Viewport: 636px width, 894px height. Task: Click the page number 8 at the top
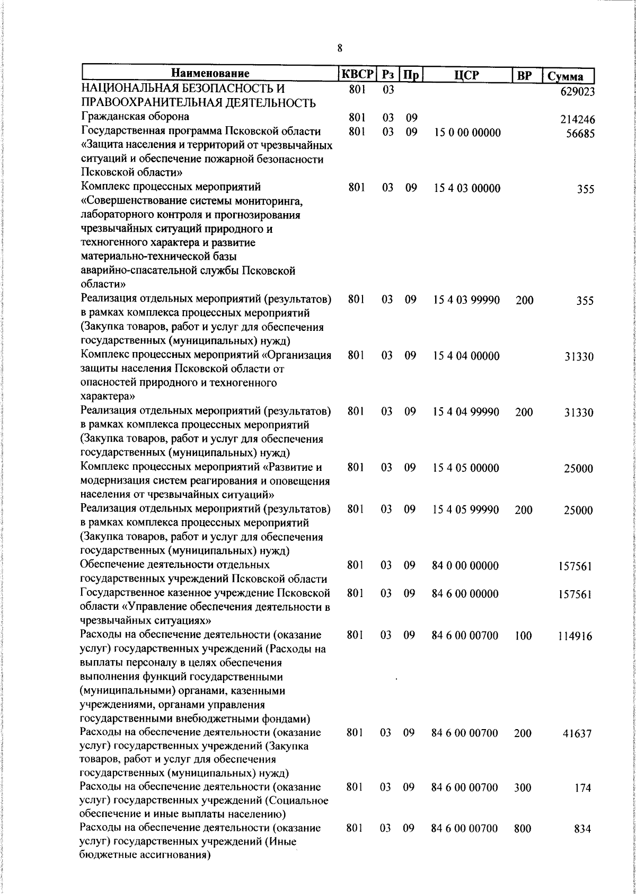pos(340,48)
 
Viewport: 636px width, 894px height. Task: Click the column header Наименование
pos(210,74)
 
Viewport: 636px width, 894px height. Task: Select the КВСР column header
pos(357,74)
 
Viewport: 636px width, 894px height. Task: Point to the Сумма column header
pos(566,76)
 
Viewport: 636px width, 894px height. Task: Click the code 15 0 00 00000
pos(467,132)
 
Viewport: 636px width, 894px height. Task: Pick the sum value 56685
pos(580,134)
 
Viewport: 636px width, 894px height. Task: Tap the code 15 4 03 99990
pos(466,300)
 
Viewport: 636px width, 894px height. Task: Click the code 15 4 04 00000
pos(466,356)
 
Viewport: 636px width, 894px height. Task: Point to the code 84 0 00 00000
pos(465,565)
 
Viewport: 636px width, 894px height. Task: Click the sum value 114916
pos(575,636)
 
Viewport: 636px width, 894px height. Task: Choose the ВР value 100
pos(523,636)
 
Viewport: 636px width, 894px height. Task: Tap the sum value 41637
pos(577,734)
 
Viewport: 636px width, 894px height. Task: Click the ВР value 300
pos(523,788)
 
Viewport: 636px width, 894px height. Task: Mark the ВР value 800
pos(523,829)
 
